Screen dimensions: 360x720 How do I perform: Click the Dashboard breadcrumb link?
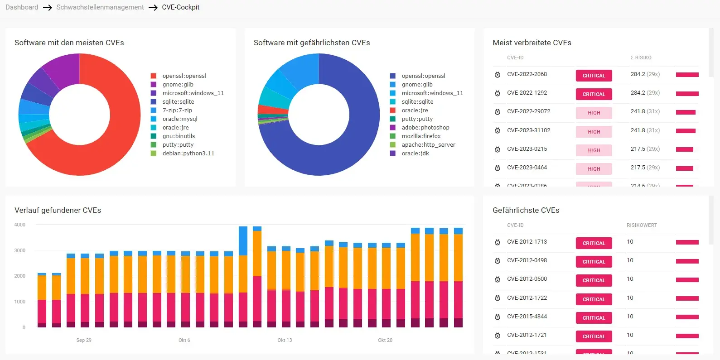click(22, 7)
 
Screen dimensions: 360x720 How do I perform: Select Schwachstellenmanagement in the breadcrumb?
click(100, 7)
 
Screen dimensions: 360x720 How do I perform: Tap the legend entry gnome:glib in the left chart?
click(178, 85)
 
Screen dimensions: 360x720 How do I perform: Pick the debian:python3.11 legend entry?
click(188, 154)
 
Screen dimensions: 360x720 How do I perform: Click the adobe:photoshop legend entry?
click(425, 128)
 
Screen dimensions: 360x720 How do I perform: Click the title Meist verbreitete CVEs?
click(532, 43)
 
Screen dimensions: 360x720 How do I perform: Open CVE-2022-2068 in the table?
click(527, 74)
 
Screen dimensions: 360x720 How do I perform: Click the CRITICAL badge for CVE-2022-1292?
click(594, 94)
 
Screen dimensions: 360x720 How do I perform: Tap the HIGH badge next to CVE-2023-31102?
click(594, 132)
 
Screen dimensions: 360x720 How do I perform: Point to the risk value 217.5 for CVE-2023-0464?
click(638, 168)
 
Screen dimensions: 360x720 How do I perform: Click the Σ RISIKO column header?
click(641, 58)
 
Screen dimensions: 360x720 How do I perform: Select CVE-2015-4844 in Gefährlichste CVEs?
click(527, 317)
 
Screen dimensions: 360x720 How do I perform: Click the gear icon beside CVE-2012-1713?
click(498, 242)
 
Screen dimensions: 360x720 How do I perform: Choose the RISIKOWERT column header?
click(642, 226)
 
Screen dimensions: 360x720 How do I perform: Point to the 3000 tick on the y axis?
click(20, 250)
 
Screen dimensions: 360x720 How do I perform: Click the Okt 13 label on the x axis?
click(285, 340)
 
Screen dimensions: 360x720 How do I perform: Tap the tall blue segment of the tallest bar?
click(243, 241)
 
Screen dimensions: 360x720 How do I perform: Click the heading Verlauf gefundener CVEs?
click(58, 210)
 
